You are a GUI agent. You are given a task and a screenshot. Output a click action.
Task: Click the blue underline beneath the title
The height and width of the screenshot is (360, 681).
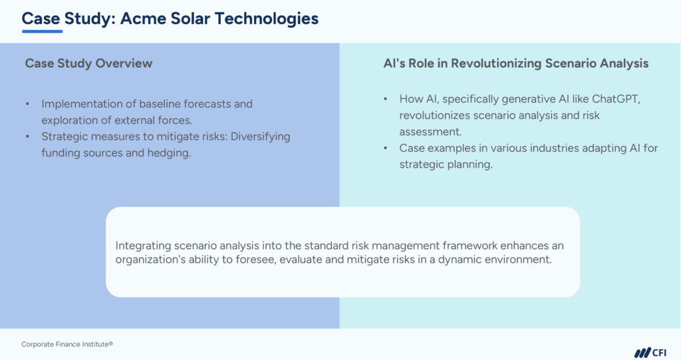click(42, 31)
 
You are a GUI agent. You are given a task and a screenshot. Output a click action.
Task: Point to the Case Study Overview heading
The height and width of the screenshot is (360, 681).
click(88, 63)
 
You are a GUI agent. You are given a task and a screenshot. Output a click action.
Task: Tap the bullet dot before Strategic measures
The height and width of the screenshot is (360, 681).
click(27, 136)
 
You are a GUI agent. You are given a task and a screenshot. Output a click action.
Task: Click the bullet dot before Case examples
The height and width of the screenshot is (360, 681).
click(386, 148)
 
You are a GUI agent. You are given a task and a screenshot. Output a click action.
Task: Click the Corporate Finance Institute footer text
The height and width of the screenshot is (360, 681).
click(67, 344)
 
